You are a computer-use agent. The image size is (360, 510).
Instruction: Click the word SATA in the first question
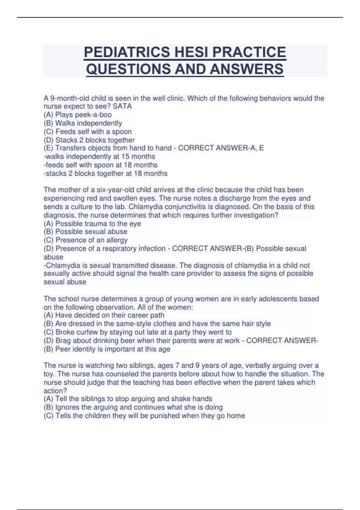pyautogui.click(x=122, y=106)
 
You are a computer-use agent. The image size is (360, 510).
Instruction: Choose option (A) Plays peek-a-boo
pyautogui.click(x=78, y=115)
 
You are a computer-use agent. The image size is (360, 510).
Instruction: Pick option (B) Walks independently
pyautogui.click(x=83, y=123)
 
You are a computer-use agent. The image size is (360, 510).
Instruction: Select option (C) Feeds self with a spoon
pyautogui.click(x=88, y=131)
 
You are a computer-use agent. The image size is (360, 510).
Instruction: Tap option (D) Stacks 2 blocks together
pyautogui.click(x=89, y=140)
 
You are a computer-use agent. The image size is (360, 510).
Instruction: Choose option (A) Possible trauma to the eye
pyautogui.click(x=92, y=223)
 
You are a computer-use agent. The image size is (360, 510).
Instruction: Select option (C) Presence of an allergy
pyautogui.click(x=85, y=240)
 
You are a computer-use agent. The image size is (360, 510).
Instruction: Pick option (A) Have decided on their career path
pyautogui.click(x=104, y=315)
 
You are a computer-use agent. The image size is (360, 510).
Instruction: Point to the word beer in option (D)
pyautogui.click(x=127, y=340)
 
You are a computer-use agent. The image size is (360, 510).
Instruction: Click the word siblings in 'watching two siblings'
pyautogui.click(x=141, y=365)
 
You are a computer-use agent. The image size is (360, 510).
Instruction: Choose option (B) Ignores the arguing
pyautogui.click(x=133, y=407)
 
